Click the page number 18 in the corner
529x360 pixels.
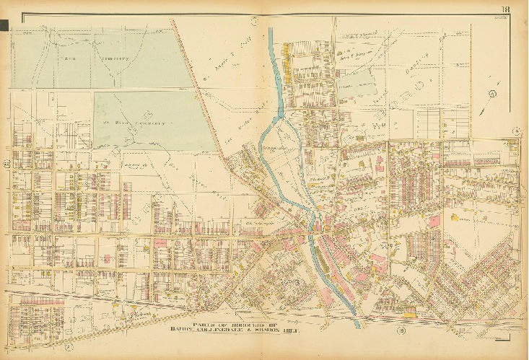pyautogui.click(x=510, y=8)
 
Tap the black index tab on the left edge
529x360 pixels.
pyautogui.click(x=4, y=26)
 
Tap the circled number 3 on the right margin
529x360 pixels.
pyautogui.click(x=516, y=130)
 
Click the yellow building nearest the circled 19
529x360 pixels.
pyautogui.click(x=411, y=312)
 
